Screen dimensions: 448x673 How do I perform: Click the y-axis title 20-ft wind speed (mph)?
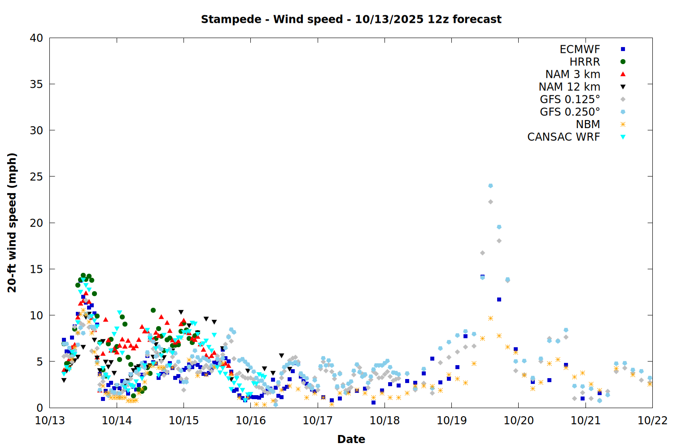click(x=12, y=223)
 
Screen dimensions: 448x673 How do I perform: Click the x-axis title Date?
click(x=351, y=439)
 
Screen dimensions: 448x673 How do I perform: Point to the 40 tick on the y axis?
click(x=36, y=38)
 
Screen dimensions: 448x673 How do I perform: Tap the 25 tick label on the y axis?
click(x=36, y=177)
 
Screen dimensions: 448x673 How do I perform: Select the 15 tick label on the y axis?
click(x=36, y=269)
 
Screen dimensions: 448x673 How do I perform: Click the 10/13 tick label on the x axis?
click(x=50, y=420)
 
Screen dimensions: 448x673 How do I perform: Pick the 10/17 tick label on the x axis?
click(x=318, y=420)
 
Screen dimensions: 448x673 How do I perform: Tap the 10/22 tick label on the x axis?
click(x=652, y=420)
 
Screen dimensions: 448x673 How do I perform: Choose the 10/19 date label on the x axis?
click(x=451, y=420)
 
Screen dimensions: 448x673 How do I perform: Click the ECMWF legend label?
click(x=580, y=49)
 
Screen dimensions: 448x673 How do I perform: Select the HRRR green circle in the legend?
click(x=623, y=62)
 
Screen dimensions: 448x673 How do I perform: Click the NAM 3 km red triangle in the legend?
click(x=623, y=74)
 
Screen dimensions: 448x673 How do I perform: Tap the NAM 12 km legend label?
click(x=569, y=87)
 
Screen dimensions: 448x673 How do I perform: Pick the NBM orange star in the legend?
click(x=623, y=125)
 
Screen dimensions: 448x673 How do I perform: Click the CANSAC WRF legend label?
click(x=564, y=137)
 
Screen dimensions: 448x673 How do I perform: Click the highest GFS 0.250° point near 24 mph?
click(x=490, y=185)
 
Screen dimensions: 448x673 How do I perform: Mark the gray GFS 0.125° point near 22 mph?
click(x=490, y=202)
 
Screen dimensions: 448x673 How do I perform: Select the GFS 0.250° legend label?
click(x=570, y=112)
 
